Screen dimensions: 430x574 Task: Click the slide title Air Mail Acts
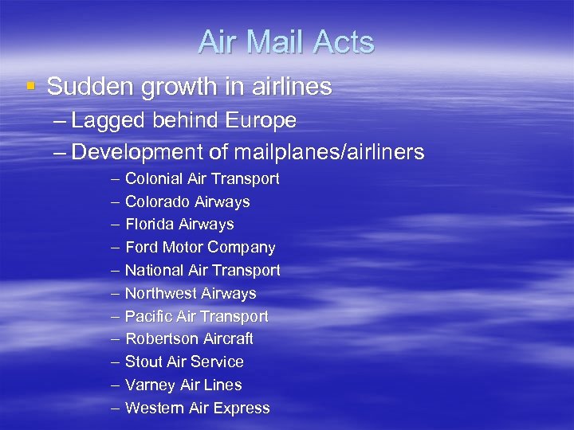click(x=286, y=42)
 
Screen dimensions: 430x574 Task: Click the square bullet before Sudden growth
click(x=30, y=86)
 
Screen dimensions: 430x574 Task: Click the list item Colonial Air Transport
click(x=202, y=179)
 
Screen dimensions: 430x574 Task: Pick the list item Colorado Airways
click(x=187, y=202)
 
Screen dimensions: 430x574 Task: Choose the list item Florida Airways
click(x=179, y=225)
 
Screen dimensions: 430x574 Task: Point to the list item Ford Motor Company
click(x=200, y=248)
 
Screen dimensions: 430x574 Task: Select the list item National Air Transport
click(x=202, y=271)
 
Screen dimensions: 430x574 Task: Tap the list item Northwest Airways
click(x=191, y=294)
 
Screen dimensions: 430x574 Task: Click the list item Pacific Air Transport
click(x=196, y=316)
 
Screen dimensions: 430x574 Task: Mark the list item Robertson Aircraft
click(x=189, y=338)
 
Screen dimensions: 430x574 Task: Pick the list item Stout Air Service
click(x=184, y=362)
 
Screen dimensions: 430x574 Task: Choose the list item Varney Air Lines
click(x=183, y=385)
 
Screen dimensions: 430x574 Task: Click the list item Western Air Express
click(x=197, y=408)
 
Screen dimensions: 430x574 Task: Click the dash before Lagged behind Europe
click(x=59, y=122)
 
